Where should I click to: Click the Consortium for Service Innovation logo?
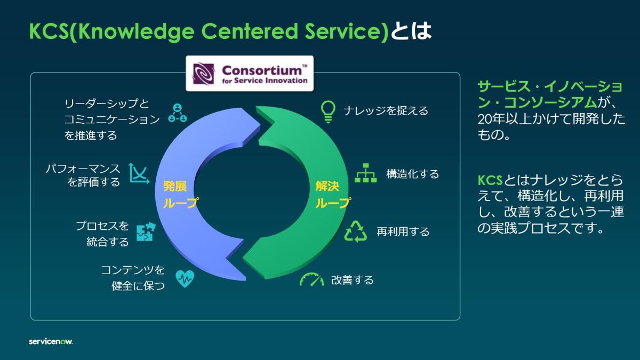[249, 74]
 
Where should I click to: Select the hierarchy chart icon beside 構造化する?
[366, 173]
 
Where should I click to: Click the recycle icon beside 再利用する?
[356, 231]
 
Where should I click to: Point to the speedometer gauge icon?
[311, 279]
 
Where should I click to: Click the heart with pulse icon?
[185, 278]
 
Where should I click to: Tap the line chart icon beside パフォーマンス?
[139, 173]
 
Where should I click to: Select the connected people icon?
[177, 112]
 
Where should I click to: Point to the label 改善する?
[353, 280]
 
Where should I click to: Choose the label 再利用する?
[403, 232]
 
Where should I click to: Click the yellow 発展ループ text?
[179, 195]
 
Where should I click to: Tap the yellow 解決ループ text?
[332, 195]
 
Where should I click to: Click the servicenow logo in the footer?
[51, 341]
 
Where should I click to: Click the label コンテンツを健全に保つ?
[133, 277]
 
